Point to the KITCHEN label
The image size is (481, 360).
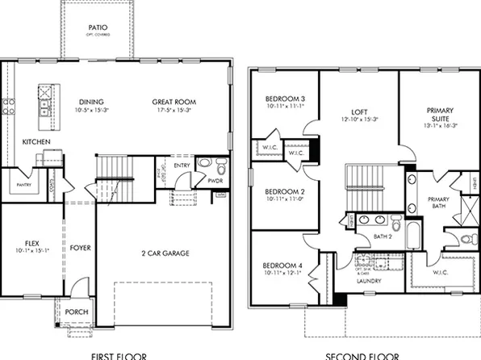[36, 142]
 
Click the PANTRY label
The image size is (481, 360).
[18, 185]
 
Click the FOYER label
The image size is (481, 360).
[78, 249]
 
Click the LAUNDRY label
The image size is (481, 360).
[369, 280]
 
